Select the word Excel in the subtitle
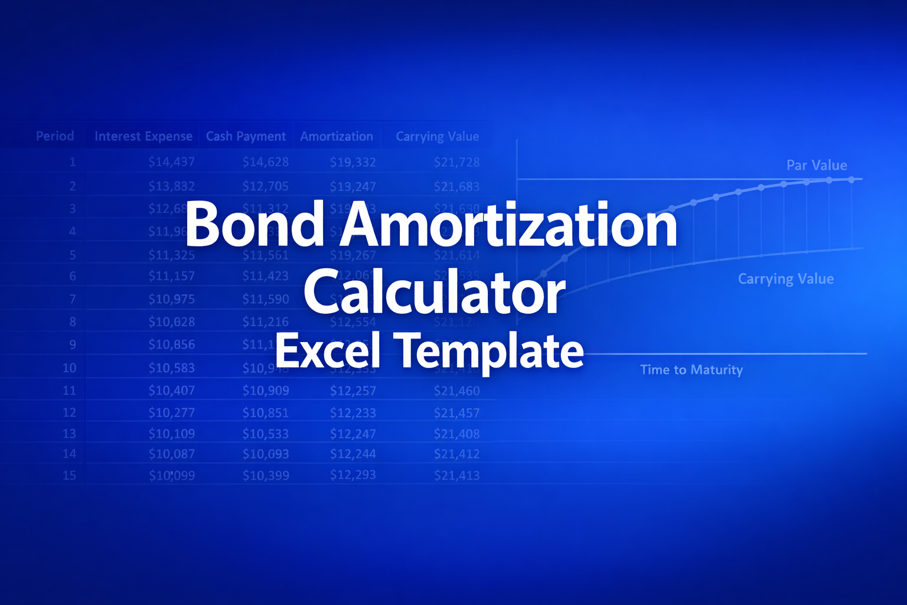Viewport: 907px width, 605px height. pyautogui.click(x=327, y=351)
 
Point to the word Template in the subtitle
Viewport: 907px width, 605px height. pyautogui.click(x=490, y=352)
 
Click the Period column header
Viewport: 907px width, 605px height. pyautogui.click(x=55, y=136)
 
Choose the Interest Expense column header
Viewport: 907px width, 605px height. pyautogui.click(x=143, y=136)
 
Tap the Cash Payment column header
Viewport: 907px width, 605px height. pyautogui.click(x=246, y=136)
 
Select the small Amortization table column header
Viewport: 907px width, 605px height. pyautogui.click(x=337, y=136)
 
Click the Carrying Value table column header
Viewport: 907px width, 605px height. pyautogui.click(x=438, y=136)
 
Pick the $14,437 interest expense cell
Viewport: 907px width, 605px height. pyautogui.click(x=171, y=162)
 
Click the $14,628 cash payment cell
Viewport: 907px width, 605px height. pyautogui.click(x=265, y=162)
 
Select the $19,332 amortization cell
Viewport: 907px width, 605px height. pyautogui.click(x=353, y=162)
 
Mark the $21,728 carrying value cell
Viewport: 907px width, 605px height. pyautogui.click(x=456, y=162)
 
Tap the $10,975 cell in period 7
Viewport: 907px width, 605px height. pyautogui.click(x=171, y=299)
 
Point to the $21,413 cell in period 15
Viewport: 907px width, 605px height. pyautogui.click(x=456, y=475)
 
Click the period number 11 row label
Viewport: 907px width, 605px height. pyautogui.click(x=69, y=391)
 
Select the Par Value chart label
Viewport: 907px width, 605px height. pyautogui.click(x=817, y=165)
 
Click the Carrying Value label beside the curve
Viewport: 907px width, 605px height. pyautogui.click(x=786, y=279)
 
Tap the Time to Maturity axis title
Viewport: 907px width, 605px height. pyautogui.click(x=691, y=370)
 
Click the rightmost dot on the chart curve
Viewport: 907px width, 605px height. pyautogui.click(x=851, y=180)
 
